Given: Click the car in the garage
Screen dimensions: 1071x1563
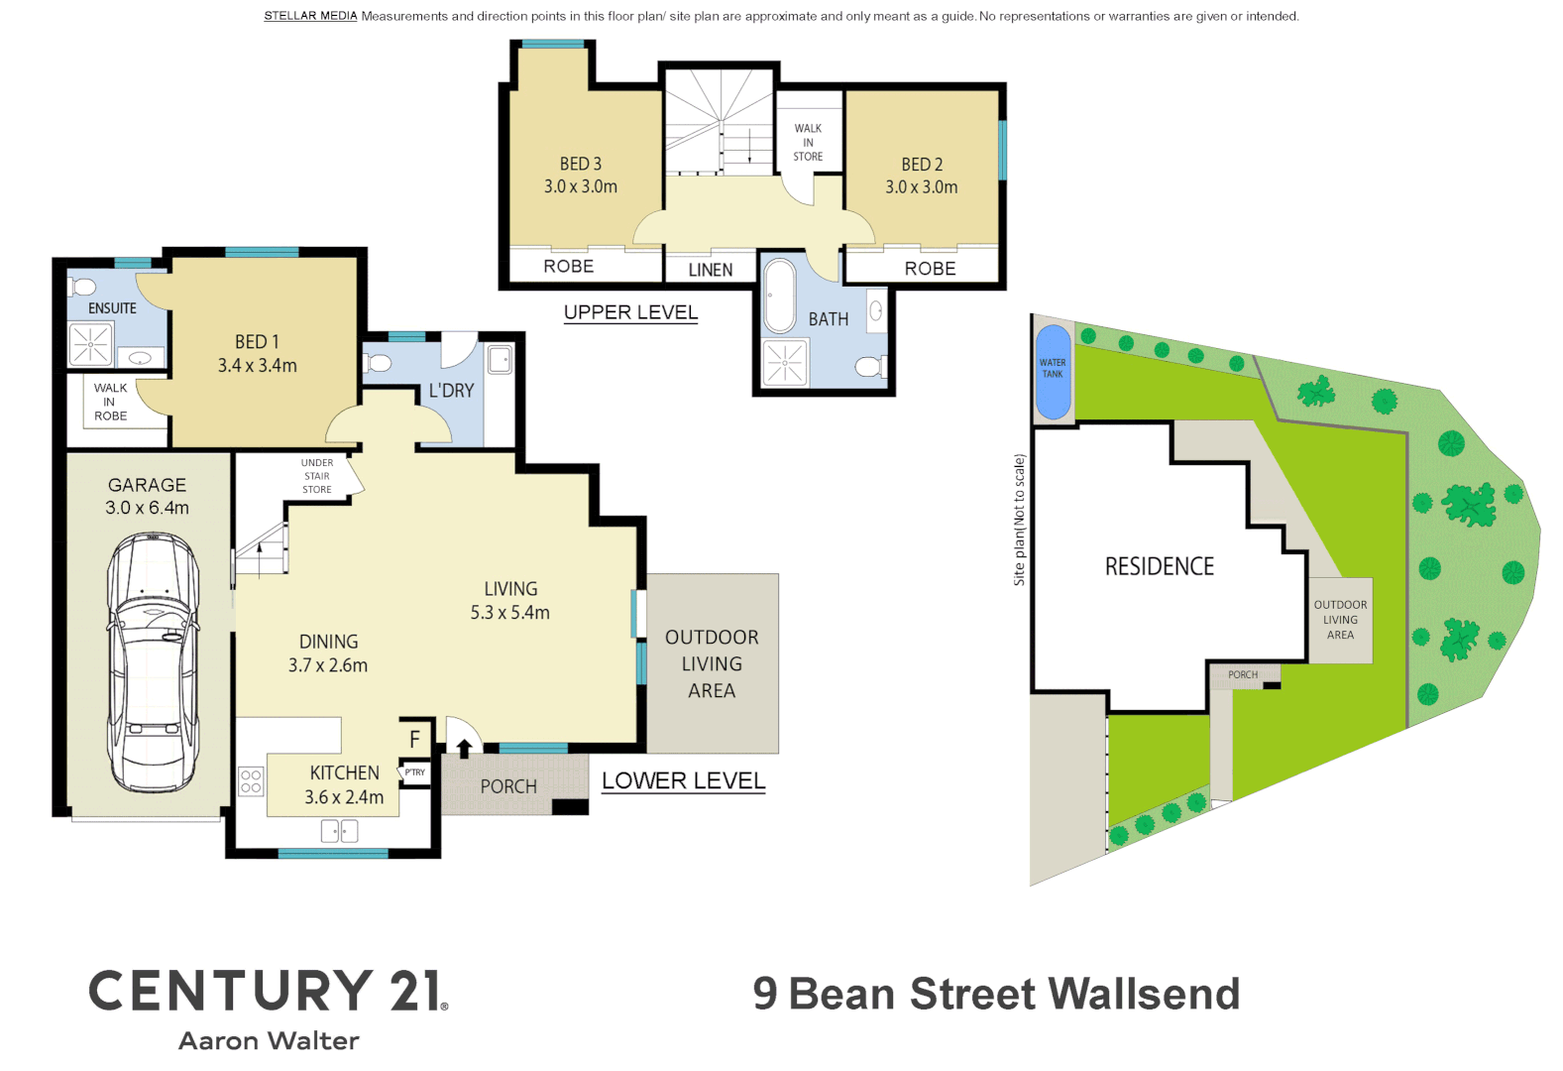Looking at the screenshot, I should [x=153, y=662].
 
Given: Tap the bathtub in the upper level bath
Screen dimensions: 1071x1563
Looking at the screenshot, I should [x=779, y=296].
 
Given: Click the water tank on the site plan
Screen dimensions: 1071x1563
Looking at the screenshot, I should [x=1053, y=372].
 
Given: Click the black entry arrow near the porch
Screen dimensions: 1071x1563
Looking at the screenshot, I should [x=464, y=748].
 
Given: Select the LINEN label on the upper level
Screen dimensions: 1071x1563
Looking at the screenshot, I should [x=710, y=270].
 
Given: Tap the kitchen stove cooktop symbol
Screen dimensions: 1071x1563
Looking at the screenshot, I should [x=251, y=781].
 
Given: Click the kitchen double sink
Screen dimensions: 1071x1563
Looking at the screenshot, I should [x=339, y=831].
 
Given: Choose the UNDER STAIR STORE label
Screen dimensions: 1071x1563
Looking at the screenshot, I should [x=317, y=476].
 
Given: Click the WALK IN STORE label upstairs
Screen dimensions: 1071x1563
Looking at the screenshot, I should [x=808, y=143].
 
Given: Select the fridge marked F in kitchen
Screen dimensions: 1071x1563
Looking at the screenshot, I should [x=414, y=739].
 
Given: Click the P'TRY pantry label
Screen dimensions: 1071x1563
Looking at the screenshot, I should [x=414, y=773].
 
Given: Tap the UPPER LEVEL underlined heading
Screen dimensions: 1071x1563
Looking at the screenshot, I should [x=630, y=312].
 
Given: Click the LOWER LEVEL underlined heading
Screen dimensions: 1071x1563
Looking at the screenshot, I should [x=683, y=781].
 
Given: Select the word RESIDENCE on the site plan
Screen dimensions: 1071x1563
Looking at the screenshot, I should [x=1159, y=567].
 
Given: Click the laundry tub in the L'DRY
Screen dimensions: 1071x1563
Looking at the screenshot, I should [x=500, y=360].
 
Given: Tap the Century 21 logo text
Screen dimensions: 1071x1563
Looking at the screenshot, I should [x=268, y=991].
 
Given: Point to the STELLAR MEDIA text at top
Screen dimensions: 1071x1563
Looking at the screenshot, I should [x=310, y=16].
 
